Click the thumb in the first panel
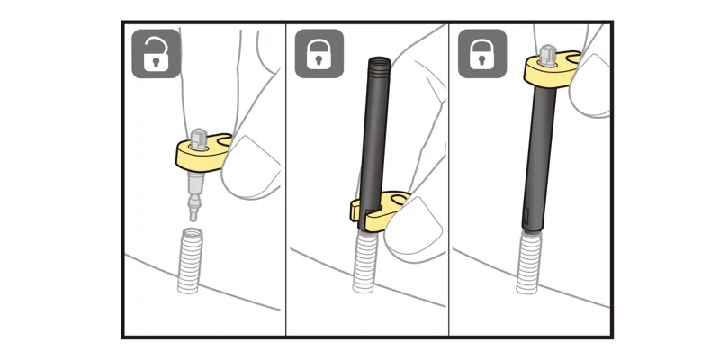tap(252, 171)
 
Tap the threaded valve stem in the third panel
tap(529, 261)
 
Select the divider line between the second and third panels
tap(449, 180)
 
